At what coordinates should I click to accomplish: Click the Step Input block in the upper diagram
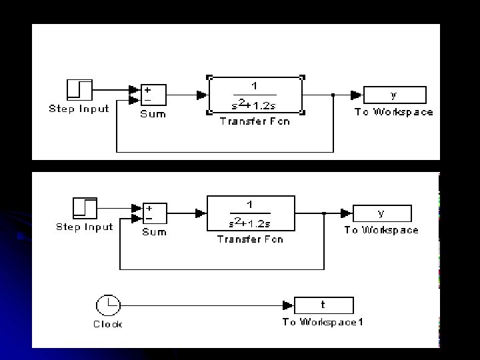79,90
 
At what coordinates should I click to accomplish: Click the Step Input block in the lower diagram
85,208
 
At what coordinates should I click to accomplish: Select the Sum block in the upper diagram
153,95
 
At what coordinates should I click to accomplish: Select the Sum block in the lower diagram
154,213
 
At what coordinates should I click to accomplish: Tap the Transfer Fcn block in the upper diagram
255,95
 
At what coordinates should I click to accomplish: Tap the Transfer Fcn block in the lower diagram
250,213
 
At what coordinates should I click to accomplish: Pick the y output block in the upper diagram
395,95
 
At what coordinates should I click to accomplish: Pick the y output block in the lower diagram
382,213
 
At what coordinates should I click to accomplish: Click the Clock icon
107,306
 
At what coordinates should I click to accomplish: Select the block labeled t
324,305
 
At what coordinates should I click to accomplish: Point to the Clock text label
107,325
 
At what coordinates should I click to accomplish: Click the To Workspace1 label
323,323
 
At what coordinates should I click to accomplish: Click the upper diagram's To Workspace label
394,112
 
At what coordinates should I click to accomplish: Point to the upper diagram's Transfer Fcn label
255,122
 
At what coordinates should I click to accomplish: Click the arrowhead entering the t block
289,306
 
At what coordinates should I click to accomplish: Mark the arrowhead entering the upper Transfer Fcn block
202,95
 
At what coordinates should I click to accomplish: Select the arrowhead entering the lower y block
346,213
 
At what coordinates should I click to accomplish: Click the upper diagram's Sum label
153,114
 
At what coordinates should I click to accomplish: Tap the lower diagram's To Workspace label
381,230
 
